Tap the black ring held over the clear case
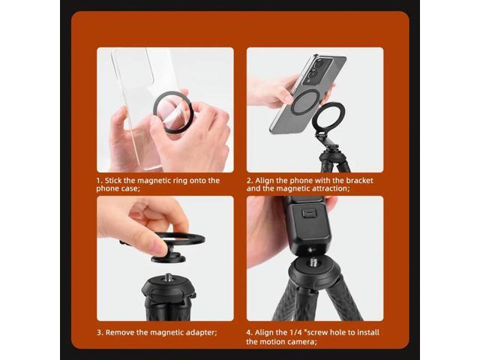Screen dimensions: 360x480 173,113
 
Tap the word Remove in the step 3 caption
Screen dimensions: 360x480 122,331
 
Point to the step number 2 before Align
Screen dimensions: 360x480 249,181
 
